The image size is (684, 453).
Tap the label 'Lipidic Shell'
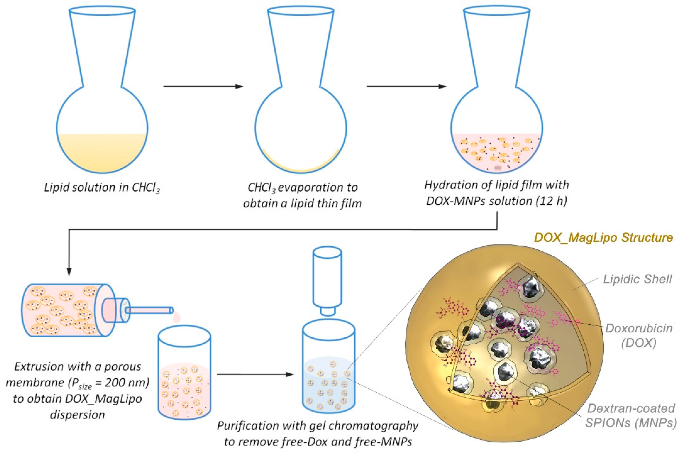637,279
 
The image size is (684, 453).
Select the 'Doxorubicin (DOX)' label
639,335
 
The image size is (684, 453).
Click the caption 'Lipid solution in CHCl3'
102,188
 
